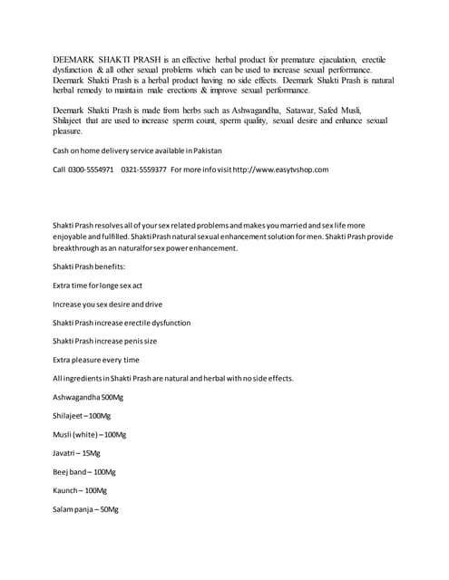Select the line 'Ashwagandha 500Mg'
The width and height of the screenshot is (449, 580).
point(88,397)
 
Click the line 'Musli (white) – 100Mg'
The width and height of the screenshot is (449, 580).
point(90,435)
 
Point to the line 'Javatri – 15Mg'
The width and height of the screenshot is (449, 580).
point(77,453)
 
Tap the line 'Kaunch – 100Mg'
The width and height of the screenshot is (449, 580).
point(80,491)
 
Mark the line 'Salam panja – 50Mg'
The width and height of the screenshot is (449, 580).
point(86,510)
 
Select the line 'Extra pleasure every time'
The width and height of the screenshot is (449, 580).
point(96,360)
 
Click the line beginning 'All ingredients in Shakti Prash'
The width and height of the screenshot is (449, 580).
point(172,379)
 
